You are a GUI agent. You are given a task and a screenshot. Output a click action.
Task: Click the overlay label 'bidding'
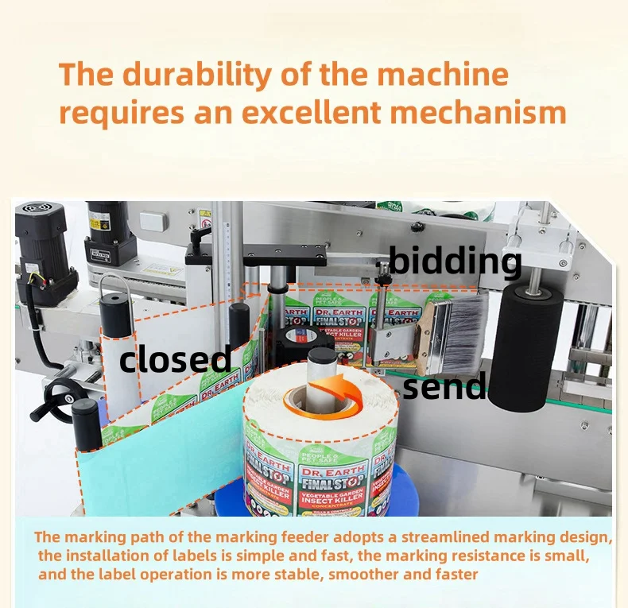click(455, 261)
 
